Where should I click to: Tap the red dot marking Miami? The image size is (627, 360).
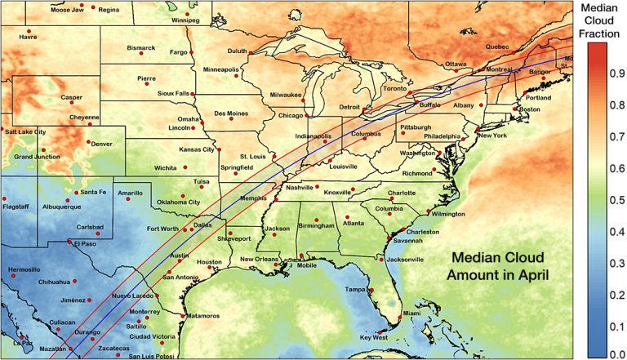click(x=401, y=316)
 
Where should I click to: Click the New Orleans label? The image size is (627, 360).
click(x=260, y=260)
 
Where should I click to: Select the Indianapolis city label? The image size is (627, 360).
click(x=313, y=136)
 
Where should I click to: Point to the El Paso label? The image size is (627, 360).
click(x=85, y=243)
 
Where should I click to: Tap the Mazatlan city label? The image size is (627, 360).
click(x=52, y=349)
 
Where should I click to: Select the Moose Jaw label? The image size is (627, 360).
click(x=66, y=10)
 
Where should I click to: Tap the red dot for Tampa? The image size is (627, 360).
click(x=371, y=291)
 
